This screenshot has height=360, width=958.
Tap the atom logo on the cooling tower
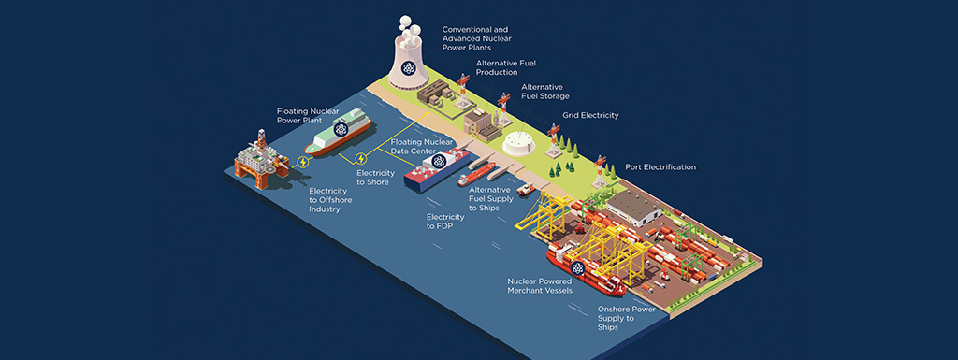[408, 68]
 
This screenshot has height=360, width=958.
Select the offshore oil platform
[261, 160]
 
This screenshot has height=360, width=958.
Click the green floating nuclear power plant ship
[338, 131]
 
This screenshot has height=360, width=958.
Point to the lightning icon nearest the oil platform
[302, 162]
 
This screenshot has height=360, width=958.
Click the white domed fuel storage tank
[518, 143]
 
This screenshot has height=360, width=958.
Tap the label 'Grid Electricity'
[590, 115]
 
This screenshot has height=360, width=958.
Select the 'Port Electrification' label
[660, 167]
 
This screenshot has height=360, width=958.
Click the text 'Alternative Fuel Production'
[506, 67]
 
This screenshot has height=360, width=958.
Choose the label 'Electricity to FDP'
[442, 222]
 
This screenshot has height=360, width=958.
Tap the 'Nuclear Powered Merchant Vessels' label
[540, 286]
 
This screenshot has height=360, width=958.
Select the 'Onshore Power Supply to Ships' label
[626, 318]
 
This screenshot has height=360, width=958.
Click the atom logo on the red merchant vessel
[577, 267]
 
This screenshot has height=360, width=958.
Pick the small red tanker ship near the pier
[476, 174]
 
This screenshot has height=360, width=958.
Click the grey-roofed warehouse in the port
[634, 208]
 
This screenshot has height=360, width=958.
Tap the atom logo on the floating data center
[438, 161]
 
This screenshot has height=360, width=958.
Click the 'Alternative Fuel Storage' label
[545, 92]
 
